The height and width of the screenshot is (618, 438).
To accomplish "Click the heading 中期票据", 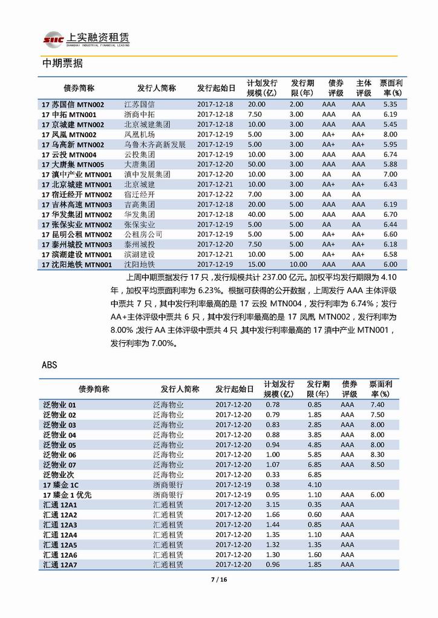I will [63, 63].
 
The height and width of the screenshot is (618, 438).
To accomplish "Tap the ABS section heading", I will [50, 365].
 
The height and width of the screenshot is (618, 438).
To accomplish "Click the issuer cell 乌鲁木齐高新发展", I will [155, 144].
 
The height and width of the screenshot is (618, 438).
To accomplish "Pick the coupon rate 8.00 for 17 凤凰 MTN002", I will [390, 134].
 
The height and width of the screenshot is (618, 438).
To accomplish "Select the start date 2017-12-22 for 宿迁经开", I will [215, 195].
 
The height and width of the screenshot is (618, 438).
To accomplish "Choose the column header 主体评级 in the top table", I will [363, 88].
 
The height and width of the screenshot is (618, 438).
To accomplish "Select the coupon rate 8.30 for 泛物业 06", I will [377, 454].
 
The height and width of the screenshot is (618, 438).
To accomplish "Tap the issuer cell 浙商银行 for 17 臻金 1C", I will [168, 484].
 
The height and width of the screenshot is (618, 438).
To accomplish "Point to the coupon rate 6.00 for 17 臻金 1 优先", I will [377, 495].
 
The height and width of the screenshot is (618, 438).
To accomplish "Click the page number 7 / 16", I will [218, 581].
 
